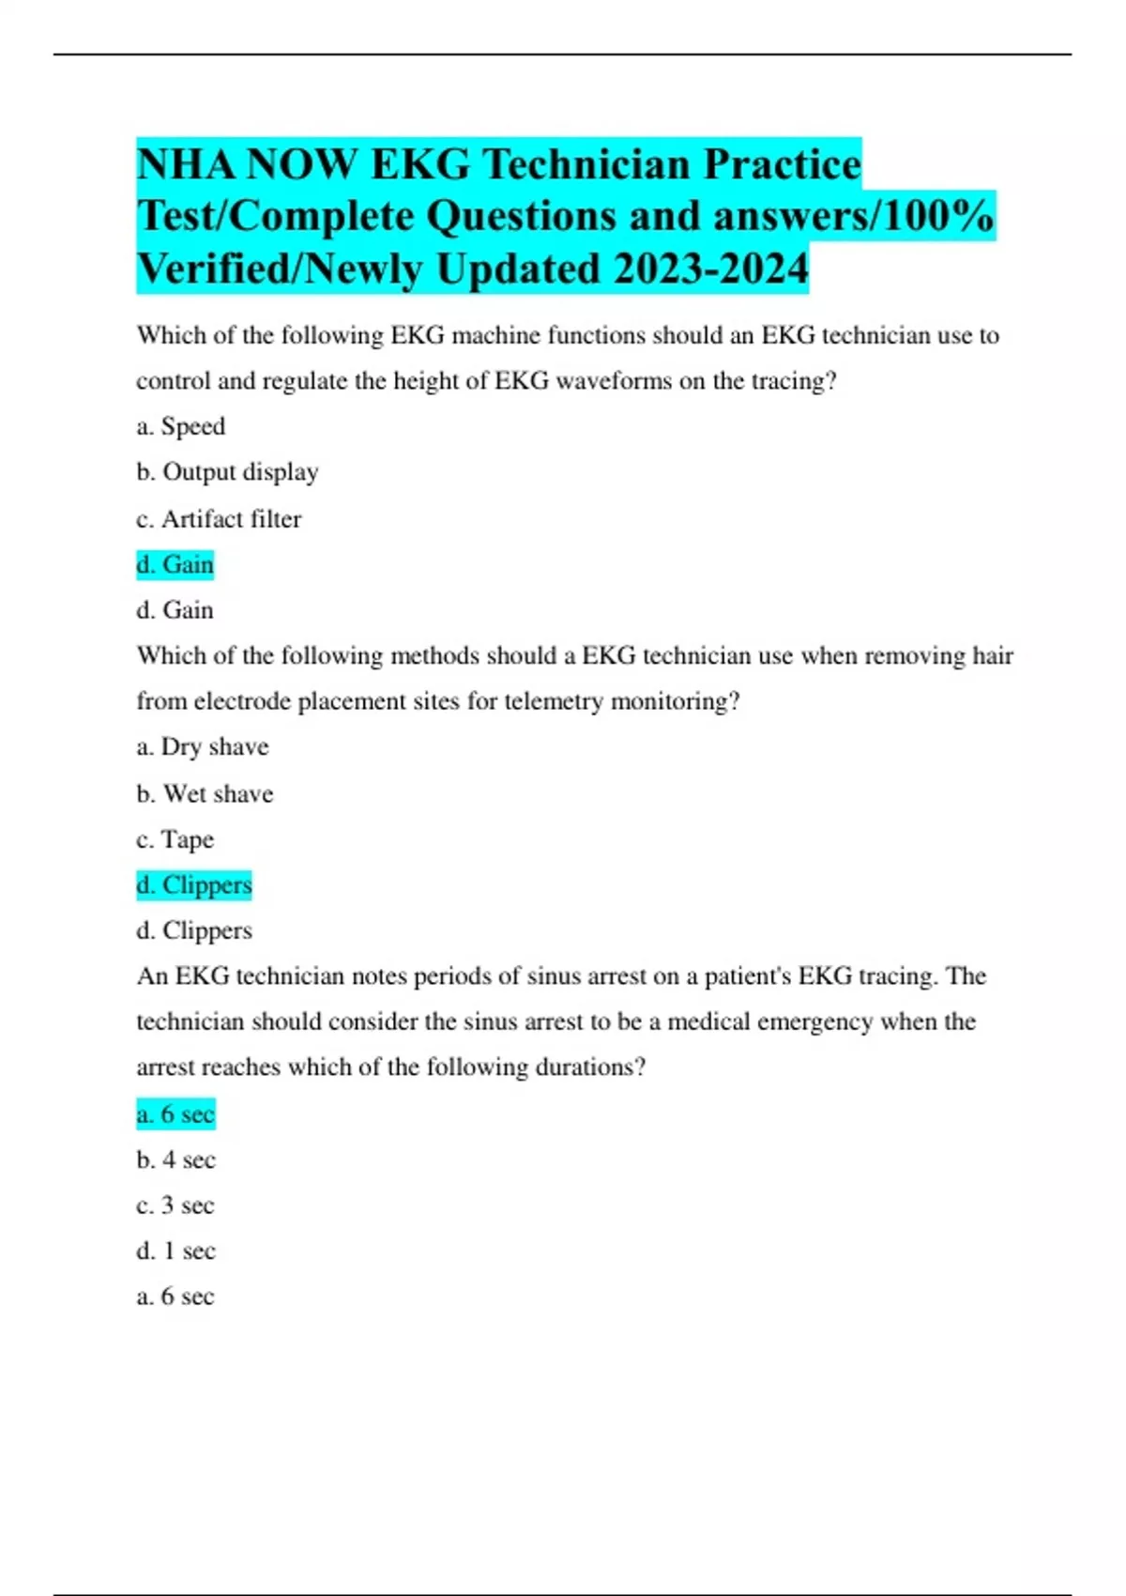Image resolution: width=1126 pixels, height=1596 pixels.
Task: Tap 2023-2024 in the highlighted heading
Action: (x=710, y=269)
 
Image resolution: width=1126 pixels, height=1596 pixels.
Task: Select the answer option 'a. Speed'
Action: (x=181, y=426)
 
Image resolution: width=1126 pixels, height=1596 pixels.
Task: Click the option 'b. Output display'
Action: (x=227, y=472)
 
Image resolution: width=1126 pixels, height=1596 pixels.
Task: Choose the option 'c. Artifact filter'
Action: (x=219, y=518)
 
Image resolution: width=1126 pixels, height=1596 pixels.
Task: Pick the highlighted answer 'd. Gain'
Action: (x=175, y=564)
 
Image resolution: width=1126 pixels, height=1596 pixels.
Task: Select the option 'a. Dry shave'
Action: (x=203, y=747)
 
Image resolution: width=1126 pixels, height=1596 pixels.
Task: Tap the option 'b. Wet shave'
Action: (x=205, y=793)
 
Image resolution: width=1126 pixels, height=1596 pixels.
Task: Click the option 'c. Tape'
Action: (x=175, y=839)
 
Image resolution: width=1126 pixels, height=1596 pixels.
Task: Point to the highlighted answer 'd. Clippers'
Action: (x=194, y=885)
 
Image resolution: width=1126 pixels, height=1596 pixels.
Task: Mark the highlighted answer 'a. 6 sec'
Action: (x=175, y=1114)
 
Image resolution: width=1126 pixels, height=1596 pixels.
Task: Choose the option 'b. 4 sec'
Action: (x=175, y=1160)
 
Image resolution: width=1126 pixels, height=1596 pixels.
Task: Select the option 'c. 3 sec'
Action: (x=175, y=1205)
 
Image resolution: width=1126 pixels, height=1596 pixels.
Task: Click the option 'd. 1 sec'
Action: (x=175, y=1251)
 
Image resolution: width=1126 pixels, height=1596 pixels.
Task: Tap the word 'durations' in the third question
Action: (x=584, y=1067)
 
